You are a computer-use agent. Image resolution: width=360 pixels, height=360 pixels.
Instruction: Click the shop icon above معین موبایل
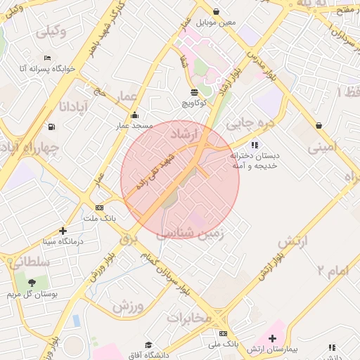(x=216, y=12)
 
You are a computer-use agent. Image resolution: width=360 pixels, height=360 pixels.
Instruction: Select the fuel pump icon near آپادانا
(x=51, y=127)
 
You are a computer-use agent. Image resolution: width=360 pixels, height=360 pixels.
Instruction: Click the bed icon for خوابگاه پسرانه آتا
(x=46, y=58)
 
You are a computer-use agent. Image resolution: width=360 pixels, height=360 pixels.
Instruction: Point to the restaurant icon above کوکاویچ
(x=194, y=92)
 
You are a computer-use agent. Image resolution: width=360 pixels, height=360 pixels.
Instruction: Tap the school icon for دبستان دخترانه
(x=255, y=145)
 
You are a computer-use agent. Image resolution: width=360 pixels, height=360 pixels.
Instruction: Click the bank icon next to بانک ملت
(x=99, y=207)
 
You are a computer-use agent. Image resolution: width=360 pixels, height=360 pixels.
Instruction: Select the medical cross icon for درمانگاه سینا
(x=63, y=230)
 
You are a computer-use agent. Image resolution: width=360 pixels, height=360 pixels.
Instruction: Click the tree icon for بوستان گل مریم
(x=31, y=283)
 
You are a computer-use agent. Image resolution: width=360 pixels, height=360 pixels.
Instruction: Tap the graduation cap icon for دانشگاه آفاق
(x=148, y=345)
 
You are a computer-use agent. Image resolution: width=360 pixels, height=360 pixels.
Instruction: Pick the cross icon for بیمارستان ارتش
(x=273, y=338)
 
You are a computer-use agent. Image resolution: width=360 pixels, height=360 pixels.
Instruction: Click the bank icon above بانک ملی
(x=224, y=333)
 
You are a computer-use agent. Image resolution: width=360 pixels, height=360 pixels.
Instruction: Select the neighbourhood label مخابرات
(x=189, y=318)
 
